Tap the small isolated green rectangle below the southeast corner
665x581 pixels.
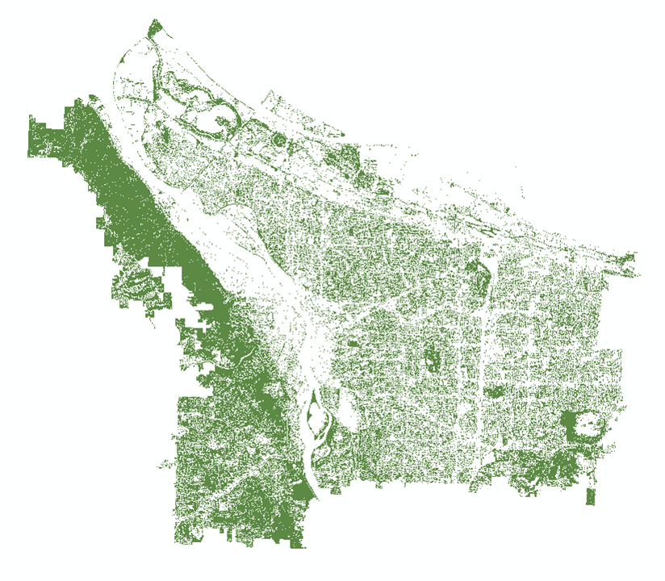591,495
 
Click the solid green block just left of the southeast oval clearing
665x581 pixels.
571,423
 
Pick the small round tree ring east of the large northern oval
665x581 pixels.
279,142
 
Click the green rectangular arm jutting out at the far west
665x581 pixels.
44,141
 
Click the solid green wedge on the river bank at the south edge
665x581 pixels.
299,491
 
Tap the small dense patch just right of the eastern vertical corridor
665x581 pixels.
492,393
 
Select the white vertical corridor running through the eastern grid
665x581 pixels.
482,363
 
